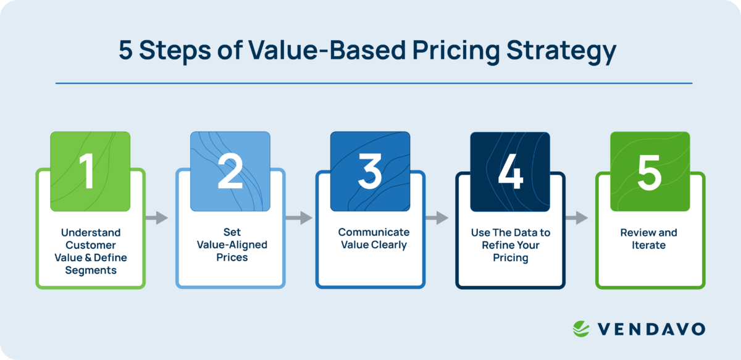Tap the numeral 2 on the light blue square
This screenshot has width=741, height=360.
coord(230,172)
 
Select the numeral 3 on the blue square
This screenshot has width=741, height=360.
coord(370,172)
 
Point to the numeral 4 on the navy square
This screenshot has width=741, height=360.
coord(510,172)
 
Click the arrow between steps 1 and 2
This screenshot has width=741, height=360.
coord(157,217)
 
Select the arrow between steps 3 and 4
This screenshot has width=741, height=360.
coord(437,217)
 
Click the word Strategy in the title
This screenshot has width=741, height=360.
coord(561,52)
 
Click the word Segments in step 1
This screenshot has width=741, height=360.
coord(91,270)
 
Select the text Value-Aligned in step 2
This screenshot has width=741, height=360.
coord(232,245)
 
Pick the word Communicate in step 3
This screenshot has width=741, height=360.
coord(374,232)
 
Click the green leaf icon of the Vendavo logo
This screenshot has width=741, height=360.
coord(582,329)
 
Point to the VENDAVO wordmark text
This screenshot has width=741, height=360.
coord(651,329)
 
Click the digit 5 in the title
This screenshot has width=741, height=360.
coord(125,52)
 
